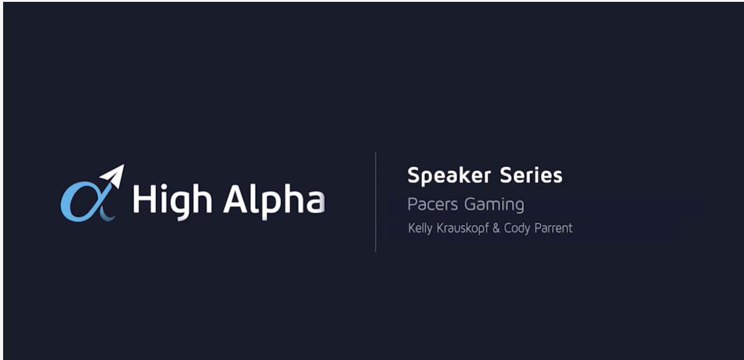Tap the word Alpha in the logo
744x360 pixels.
(274, 200)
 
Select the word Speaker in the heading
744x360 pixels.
(449, 176)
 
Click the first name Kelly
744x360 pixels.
(420, 228)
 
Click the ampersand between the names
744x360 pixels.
(496, 228)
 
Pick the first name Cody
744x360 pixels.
(517, 229)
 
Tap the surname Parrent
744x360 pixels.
(553, 228)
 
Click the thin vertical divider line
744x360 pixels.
(376, 202)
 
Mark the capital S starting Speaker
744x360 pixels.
(414, 176)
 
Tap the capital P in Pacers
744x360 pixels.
(412, 204)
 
